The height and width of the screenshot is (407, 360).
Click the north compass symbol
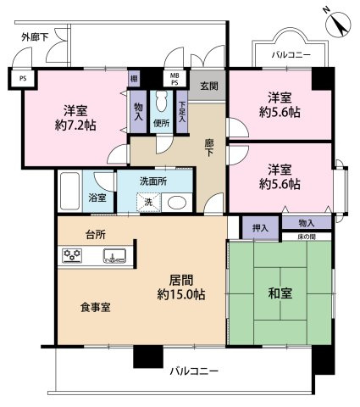click(x=338, y=23)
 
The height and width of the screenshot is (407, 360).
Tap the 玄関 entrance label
click(x=209, y=86)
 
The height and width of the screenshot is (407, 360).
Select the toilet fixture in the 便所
click(x=162, y=101)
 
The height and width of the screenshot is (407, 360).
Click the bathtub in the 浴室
click(x=69, y=191)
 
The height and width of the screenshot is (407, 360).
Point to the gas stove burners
click(x=72, y=255)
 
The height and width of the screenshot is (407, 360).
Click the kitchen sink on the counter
click(x=115, y=255)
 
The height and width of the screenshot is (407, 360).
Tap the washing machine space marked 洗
click(x=148, y=203)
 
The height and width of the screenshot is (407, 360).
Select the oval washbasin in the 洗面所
click(x=177, y=203)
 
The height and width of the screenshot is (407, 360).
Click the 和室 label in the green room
click(x=280, y=293)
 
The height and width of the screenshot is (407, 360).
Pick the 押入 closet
click(x=260, y=228)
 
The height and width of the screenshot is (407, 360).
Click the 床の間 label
click(x=307, y=237)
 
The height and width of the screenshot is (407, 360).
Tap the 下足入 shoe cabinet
click(x=182, y=112)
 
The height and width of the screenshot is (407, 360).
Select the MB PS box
click(x=174, y=78)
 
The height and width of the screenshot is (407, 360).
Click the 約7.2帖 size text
click(x=75, y=125)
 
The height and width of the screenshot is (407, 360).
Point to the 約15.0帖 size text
click(x=181, y=294)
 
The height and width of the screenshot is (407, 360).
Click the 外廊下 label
click(x=35, y=37)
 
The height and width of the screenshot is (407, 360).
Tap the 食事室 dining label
click(x=96, y=307)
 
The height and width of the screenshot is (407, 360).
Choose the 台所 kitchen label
click(x=96, y=235)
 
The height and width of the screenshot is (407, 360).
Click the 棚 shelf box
click(x=134, y=78)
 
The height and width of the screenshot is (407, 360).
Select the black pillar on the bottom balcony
click(x=148, y=357)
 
